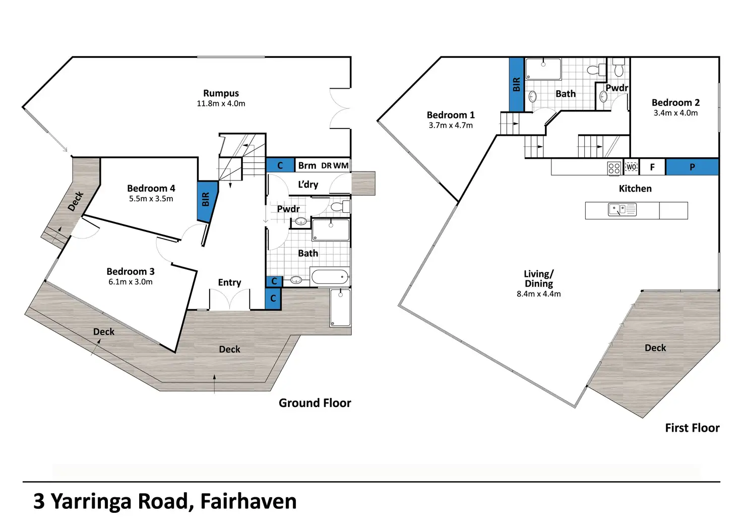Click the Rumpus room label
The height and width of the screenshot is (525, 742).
(221, 93)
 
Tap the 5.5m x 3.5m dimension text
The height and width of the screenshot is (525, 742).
(151, 199)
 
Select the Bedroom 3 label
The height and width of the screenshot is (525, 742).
(131, 271)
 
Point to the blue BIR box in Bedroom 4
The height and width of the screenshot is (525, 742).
(207, 202)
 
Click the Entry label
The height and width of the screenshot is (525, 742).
(229, 282)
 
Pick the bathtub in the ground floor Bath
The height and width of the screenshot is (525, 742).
(330, 276)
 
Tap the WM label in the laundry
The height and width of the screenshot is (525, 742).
(341, 165)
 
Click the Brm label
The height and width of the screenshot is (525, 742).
(307, 165)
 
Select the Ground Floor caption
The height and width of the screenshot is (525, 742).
(315, 403)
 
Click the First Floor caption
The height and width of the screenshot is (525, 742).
(692, 428)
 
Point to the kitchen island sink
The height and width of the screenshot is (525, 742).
(622, 209)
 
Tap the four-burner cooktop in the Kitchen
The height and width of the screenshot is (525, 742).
(614, 168)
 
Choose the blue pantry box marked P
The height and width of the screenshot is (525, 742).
(692, 167)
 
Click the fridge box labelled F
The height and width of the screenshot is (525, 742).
(652, 167)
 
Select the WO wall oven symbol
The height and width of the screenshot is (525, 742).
(631, 167)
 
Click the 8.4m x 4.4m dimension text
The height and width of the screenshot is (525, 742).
(539, 294)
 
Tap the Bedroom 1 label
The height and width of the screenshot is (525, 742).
(451, 115)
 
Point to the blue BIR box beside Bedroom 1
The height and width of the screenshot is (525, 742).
(516, 84)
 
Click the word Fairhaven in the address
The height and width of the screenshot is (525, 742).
(249, 501)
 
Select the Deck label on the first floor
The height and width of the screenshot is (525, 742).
(655, 347)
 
